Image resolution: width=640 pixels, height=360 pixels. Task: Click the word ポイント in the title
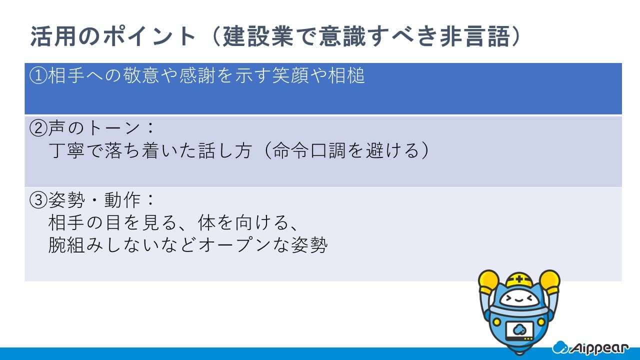149,36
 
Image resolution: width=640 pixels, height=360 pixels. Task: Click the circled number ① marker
38,75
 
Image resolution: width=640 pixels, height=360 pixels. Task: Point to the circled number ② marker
38,128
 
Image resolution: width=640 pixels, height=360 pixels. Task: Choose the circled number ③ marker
38,200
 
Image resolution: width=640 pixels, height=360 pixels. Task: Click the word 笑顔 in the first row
290,75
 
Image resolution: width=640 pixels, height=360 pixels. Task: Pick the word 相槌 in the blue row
346,75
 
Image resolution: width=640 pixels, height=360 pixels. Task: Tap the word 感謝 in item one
197,75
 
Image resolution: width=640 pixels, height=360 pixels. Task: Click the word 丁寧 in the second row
66,150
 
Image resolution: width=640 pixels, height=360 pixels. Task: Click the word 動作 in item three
122,200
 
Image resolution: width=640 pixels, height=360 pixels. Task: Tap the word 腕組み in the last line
75,245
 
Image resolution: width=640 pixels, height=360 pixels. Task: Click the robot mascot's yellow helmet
519,280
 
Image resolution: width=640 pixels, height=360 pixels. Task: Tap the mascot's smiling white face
519,299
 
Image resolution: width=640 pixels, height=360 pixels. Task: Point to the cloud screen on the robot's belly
519,331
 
